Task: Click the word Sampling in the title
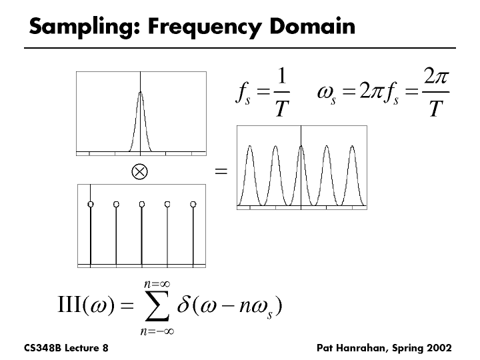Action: (x=71, y=27)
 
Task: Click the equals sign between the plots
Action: (x=221, y=172)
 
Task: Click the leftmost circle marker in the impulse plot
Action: (x=91, y=203)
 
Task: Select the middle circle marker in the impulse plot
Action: (x=141, y=203)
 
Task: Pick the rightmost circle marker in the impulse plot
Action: (x=193, y=203)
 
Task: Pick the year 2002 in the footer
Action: (x=440, y=348)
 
